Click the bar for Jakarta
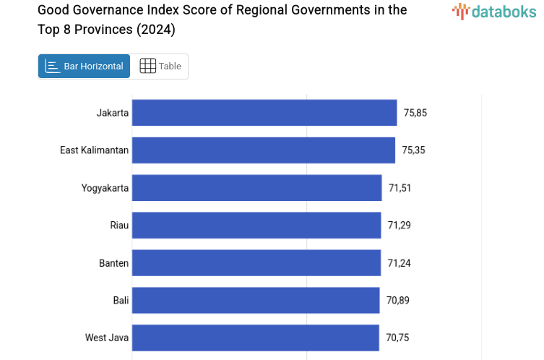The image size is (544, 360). pos(264,113)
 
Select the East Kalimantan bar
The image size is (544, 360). pos(264,150)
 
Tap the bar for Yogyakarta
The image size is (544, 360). pos(256,188)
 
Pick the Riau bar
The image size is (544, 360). pos(256,226)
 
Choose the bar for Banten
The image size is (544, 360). pos(256,263)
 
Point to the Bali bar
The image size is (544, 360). pos(256,301)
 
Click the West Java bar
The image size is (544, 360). pos(255,338)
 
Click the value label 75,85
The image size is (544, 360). pos(415,113)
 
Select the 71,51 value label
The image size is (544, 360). pos(400,188)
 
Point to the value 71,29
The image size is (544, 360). pos(399,226)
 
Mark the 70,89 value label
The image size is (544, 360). pos(397,301)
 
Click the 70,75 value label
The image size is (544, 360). pos(397,338)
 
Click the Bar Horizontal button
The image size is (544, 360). pos(84,67)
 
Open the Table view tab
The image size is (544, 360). pos(160,67)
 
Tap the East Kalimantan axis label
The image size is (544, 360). pos(94,150)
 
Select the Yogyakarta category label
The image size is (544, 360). pos(105,188)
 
